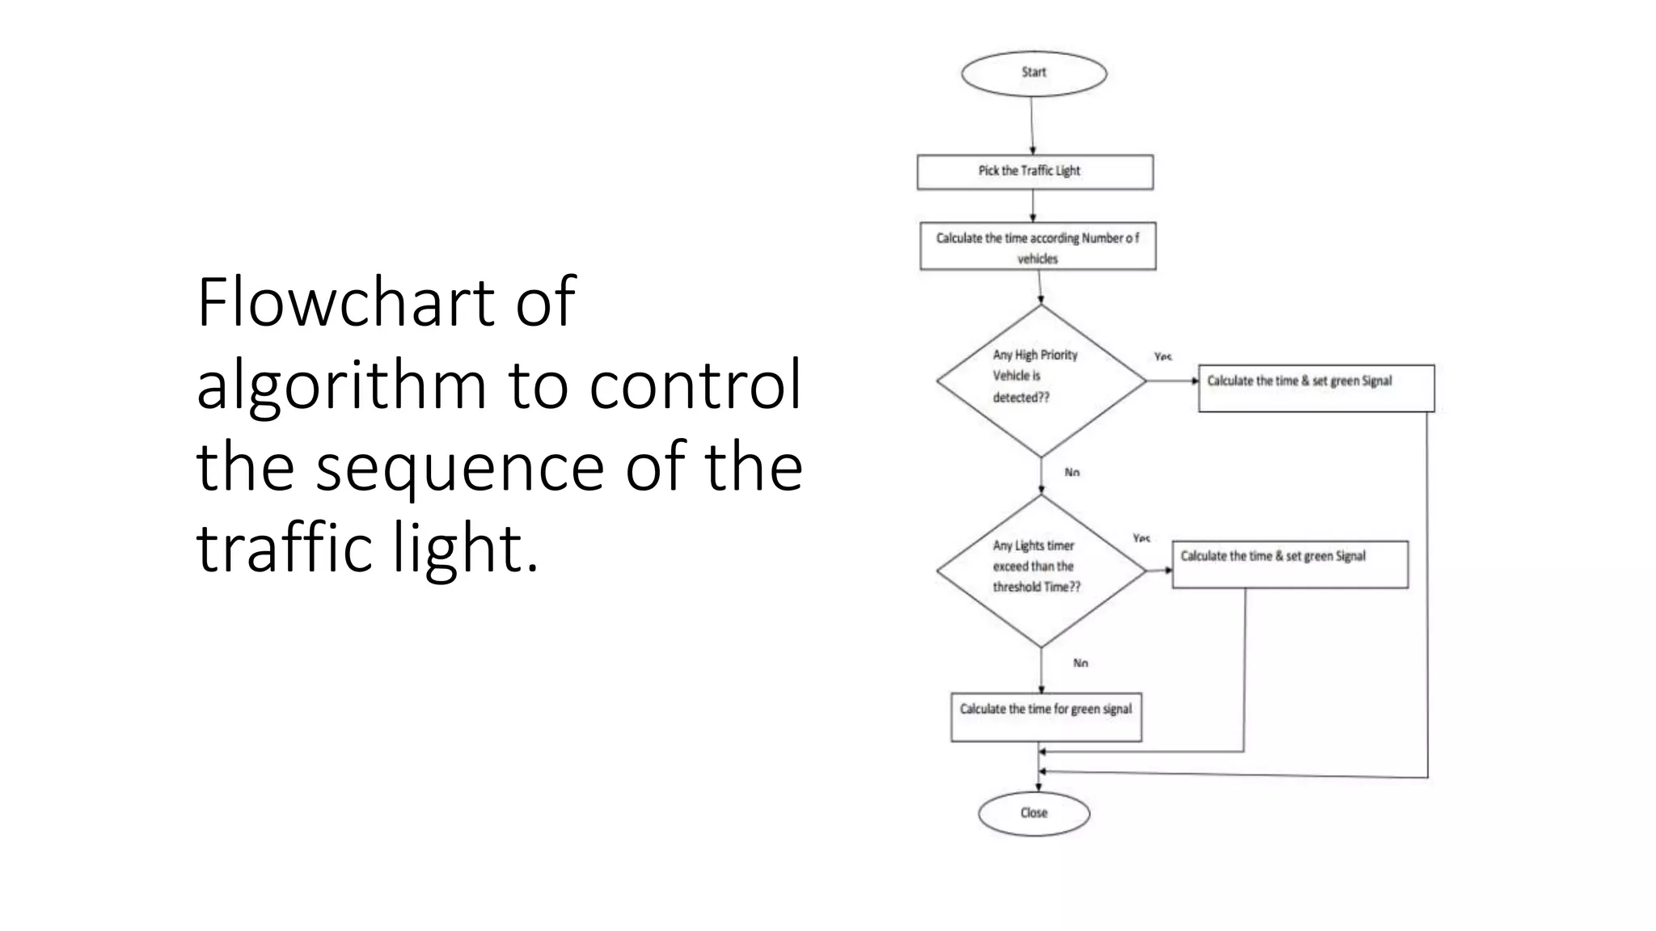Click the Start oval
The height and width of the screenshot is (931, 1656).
[1033, 74]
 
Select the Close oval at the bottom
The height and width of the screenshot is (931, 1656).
[1033, 813]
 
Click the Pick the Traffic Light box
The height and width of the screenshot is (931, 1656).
[1034, 172]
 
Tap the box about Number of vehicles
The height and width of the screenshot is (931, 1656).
[1037, 246]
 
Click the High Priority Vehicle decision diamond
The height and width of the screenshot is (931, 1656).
[1041, 380]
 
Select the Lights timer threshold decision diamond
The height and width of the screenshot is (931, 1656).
[1041, 570]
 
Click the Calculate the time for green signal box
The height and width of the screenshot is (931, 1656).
[1046, 716]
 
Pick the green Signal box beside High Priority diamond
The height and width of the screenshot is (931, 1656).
[1316, 388]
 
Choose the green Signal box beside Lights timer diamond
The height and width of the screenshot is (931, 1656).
[1290, 563]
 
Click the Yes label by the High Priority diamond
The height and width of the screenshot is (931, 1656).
[1163, 356]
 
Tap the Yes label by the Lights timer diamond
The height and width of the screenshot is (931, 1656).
[1141, 538]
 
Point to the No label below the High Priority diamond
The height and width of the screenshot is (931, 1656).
[1072, 473]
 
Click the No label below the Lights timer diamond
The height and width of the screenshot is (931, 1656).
[1080, 663]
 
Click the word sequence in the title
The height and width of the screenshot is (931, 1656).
[459, 467]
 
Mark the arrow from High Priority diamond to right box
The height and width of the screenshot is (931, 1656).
[1172, 381]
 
